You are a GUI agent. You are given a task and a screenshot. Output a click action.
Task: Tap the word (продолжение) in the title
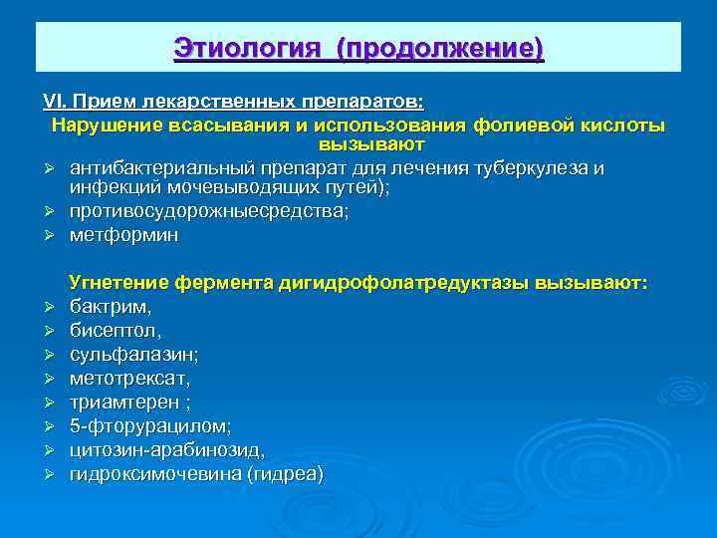440,47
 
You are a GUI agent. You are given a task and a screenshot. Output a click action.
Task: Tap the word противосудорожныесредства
208,211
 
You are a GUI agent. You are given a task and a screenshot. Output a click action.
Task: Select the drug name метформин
124,235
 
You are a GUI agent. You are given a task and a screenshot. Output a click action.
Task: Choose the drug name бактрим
110,307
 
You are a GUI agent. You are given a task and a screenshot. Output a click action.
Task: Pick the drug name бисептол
115,331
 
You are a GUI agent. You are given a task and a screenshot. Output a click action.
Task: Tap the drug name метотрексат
129,379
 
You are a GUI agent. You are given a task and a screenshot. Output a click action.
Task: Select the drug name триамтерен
124,403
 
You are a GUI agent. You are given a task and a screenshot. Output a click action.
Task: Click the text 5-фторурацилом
149,426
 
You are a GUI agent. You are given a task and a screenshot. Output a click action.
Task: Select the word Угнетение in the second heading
118,283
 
